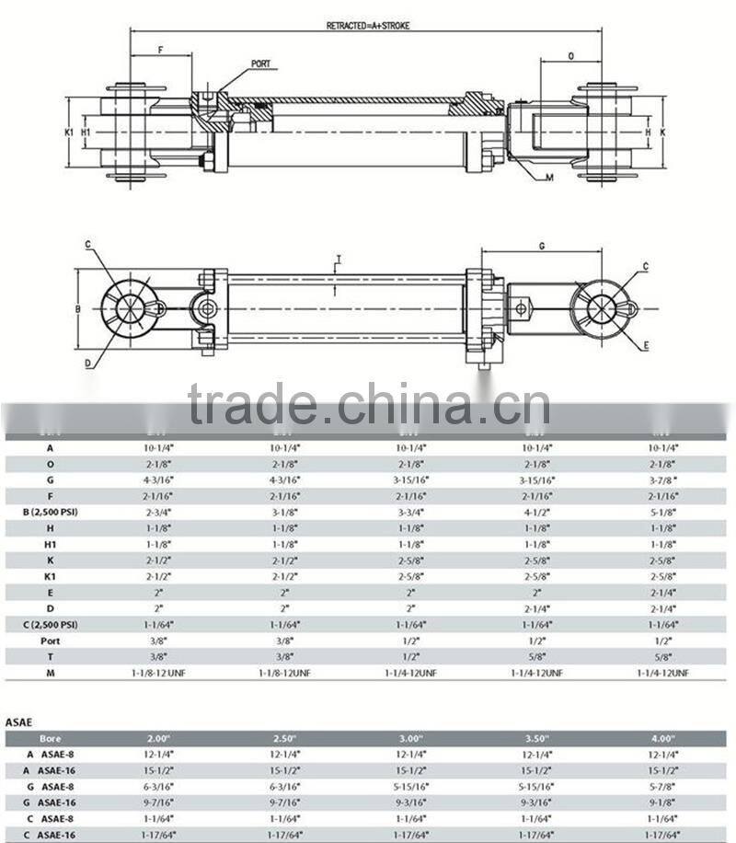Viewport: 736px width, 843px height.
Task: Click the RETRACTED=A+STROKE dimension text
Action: (367, 26)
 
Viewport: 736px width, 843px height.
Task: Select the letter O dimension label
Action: (571, 56)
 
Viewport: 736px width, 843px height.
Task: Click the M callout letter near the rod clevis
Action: (549, 178)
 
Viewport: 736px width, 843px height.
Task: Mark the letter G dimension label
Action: (542, 246)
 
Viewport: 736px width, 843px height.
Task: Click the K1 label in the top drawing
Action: (69, 133)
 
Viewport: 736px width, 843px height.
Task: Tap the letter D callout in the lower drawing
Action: (88, 363)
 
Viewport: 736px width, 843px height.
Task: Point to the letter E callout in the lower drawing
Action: (647, 345)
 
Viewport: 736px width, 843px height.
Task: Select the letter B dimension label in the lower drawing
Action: (78, 308)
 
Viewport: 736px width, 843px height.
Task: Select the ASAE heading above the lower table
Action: (19, 723)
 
